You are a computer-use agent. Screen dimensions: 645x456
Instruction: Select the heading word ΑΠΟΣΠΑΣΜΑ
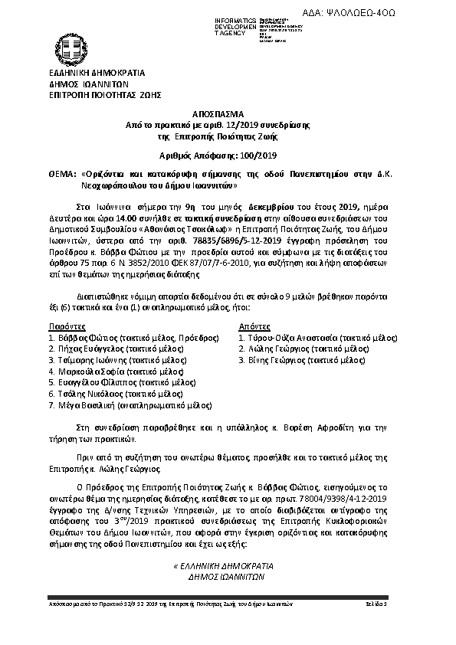click(228, 112)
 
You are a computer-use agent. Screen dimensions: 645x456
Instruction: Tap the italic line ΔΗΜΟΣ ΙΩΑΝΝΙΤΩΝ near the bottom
click(221, 578)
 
